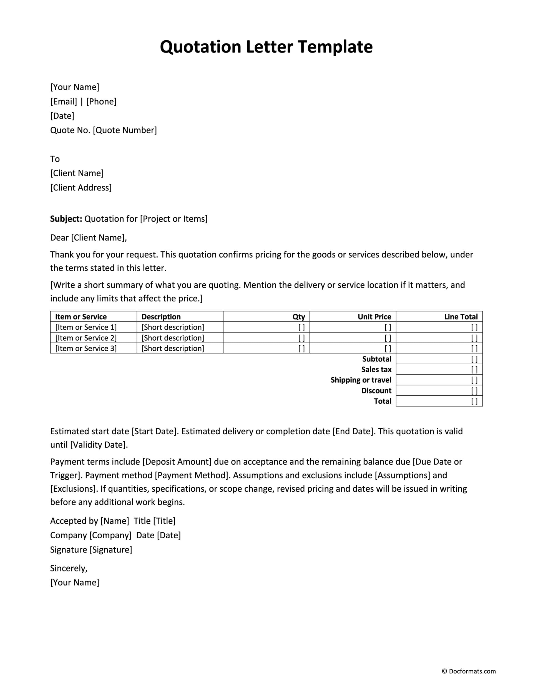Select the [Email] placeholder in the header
[x=64, y=101]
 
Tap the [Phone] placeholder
[x=101, y=101]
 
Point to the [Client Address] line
[x=81, y=188]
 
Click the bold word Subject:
[x=66, y=219]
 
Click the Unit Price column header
[x=374, y=317]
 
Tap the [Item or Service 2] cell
[x=86, y=338]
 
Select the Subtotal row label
[x=377, y=359]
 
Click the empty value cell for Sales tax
[x=439, y=370]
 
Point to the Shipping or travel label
[x=361, y=380]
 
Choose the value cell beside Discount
[x=439, y=391]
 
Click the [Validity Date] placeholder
[x=99, y=445]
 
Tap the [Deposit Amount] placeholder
[x=177, y=462]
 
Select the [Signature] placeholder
[x=111, y=549]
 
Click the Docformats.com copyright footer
[x=469, y=671]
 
